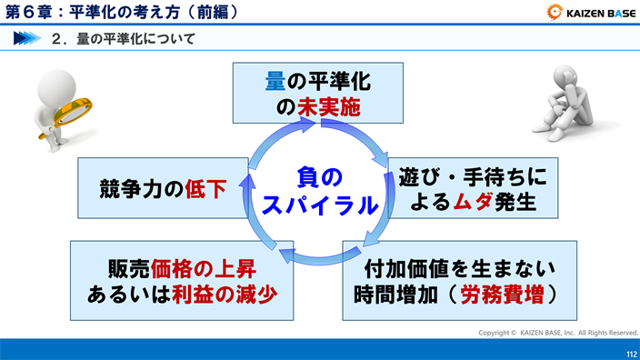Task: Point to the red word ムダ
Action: pos(474,202)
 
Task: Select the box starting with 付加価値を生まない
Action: pos(459,282)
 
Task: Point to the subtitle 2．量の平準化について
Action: pos(124,39)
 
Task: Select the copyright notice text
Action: pos(558,333)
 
